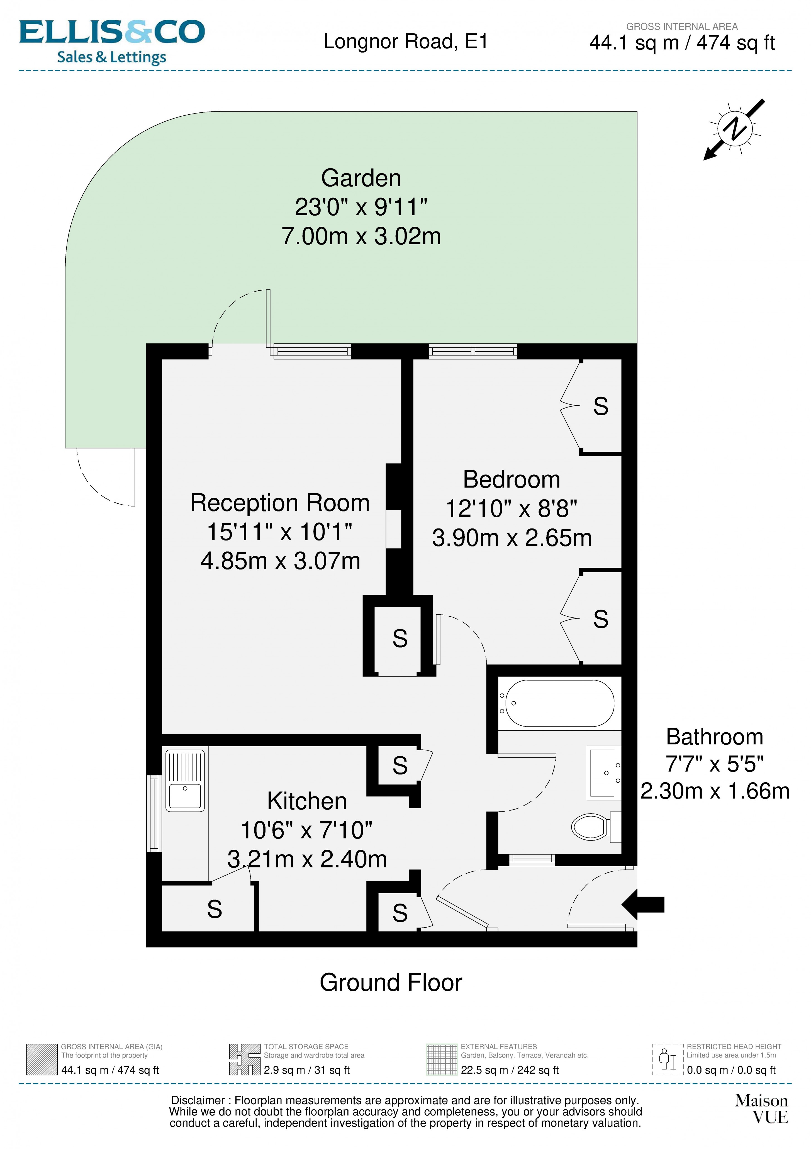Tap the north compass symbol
[734, 129]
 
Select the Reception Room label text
[280, 503]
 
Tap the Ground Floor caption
[391, 982]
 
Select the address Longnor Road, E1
[405, 42]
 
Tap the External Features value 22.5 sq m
[509, 1070]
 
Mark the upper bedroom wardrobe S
[600, 406]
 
